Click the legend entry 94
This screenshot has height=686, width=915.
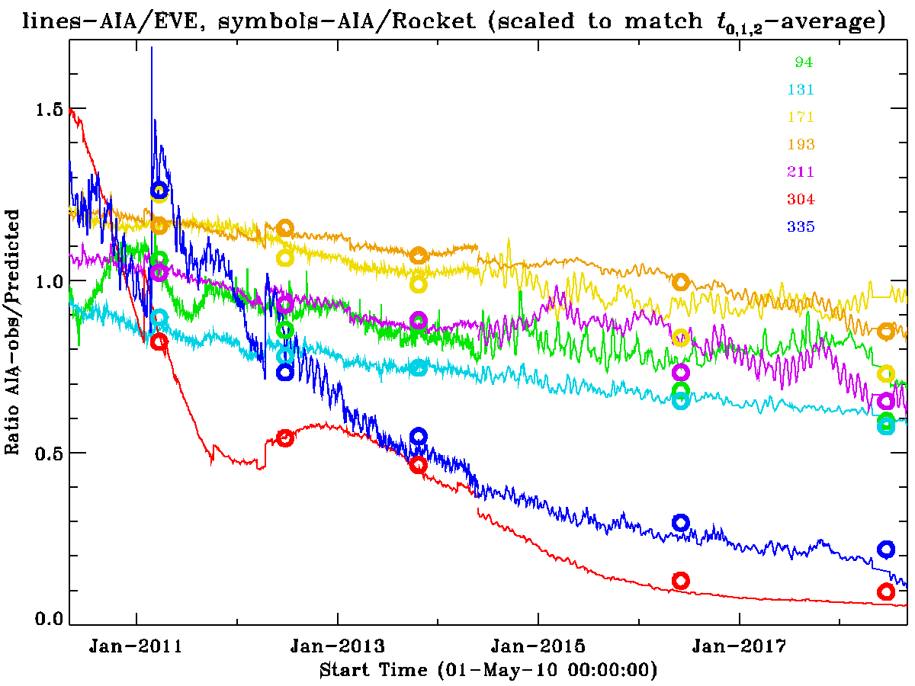pos(804,63)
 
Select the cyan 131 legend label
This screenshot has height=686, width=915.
pos(801,90)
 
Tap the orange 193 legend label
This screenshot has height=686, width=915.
pos(801,145)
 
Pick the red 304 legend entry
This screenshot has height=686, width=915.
pos(801,200)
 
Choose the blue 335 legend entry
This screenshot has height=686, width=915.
pos(801,227)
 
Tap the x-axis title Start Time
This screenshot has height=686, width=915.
pos(488,671)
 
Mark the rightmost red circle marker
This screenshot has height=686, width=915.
pos(886,591)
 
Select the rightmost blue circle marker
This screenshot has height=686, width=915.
pos(886,549)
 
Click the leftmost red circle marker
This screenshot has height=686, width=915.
pos(159,341)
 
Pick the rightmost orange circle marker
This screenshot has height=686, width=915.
pos(886,331)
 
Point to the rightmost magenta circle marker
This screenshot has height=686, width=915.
pos(886,401)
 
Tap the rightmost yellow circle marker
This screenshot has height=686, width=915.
pos(886,373)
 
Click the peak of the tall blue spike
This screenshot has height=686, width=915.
pos(152,47)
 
